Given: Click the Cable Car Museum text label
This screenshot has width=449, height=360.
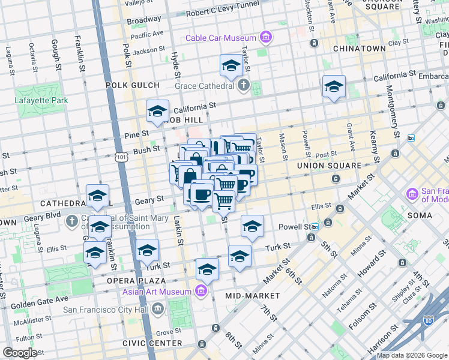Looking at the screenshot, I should pyautogui.click(x=221, y=38).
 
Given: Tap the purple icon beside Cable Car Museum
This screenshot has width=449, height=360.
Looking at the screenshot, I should pyautogui.click(x=265, y=38).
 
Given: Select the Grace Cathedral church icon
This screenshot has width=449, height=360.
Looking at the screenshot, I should pyautogui.click(x=243, y=85).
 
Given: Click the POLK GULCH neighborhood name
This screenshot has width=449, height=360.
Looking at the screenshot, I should pyautogui.click(x=133, y=85).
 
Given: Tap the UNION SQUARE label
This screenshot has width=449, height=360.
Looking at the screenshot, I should pyautogui.click(x=329, y=165).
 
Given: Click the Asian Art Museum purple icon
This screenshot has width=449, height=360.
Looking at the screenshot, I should pyautogui.click(x=202, y=292).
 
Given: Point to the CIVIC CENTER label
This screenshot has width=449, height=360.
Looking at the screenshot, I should pyautogui.click(x=152, y=343).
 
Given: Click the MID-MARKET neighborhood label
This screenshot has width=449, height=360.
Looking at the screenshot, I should pyautogui.click(x=253, y=296).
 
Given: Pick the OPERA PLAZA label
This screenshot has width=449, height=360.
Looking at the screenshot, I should pyautogui.click(x=136, y=280).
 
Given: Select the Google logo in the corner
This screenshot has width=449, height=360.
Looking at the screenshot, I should pyautogui.click(x=20, y=352).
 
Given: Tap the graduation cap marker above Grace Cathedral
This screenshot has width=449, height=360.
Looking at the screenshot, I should pyautogui.click(x=231, y=67).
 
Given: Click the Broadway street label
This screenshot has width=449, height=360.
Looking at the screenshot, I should pyautogui.click(x=143, y=20).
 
